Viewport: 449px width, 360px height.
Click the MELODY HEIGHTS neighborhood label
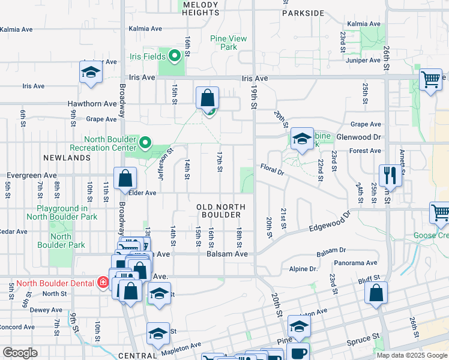[200, 8]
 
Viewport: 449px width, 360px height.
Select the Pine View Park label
[228, 43]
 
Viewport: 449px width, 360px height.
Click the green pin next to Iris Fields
[175, 57]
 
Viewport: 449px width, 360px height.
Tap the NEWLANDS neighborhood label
[67, 158]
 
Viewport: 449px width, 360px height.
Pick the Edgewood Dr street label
[329, 223]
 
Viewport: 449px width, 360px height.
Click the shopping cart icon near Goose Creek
[440, 213]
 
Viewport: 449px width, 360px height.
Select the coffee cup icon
[298, 353]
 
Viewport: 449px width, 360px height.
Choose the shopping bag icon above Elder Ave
[125, 178]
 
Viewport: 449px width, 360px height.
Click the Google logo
[20, 353]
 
